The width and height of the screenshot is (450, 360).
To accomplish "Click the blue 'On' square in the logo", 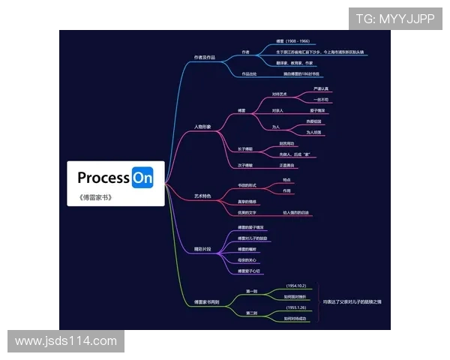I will coord(142,178).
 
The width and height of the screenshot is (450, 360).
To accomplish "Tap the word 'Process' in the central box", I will coord(103,178).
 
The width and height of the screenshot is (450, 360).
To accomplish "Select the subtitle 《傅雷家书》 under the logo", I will coord(95,198).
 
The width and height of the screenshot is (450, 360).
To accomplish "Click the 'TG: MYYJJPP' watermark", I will coord(394,19).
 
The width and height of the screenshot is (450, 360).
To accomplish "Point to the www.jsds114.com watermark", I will coord(66,340).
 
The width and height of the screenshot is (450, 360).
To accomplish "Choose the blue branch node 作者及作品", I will coord(204,57).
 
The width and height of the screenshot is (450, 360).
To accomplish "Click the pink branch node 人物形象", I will coord(202,127).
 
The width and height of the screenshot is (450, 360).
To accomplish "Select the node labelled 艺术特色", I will coord(202,196).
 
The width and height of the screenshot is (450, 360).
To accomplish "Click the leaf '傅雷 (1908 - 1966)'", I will coord(292,41).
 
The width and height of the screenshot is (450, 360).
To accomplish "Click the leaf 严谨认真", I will coord(321,89).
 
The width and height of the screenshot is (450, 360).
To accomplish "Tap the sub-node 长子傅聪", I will coord(245,148).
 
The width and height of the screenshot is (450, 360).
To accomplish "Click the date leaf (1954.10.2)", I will coord(297,286).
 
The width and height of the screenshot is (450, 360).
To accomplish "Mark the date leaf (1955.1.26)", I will coord(297,307).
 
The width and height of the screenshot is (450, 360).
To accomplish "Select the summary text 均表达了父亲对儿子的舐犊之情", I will coord(352,301).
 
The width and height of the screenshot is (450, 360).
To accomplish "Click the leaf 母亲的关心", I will coord(248,260).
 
